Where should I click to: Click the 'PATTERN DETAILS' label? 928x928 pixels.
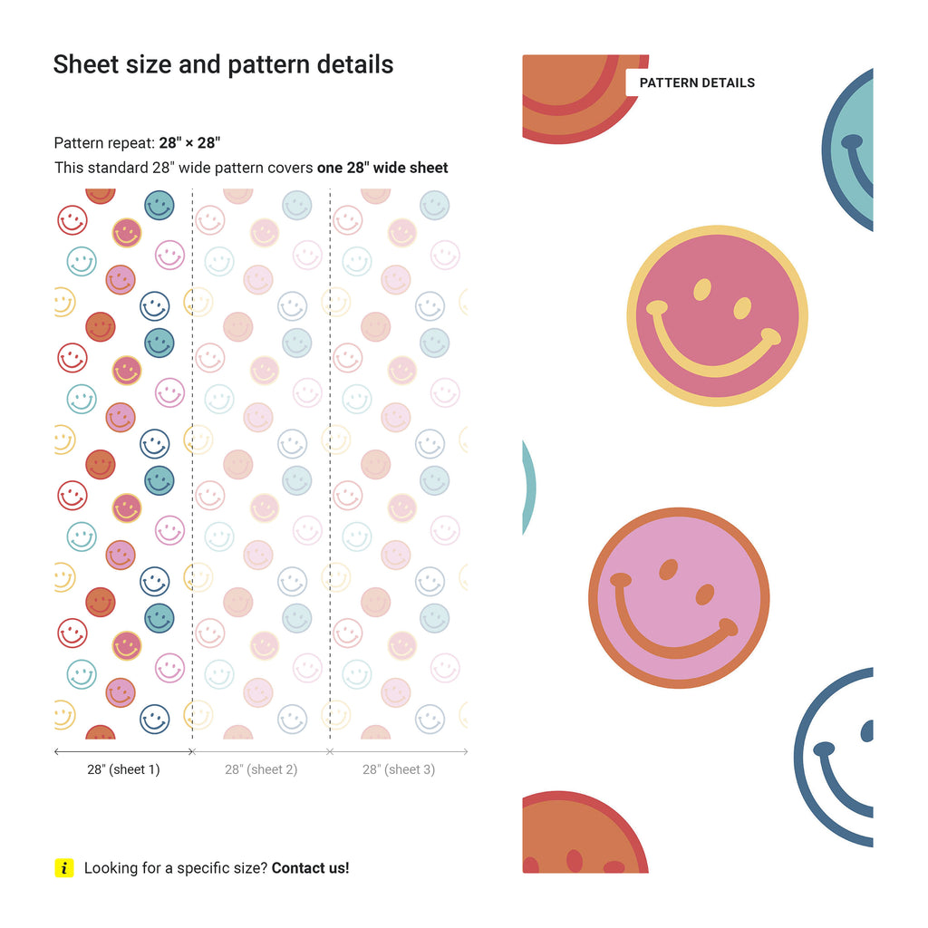click(697, 82)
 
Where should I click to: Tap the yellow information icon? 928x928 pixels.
click(63, 868)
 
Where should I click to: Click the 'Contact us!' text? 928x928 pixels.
click(310, 868)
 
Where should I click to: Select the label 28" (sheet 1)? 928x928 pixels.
click(123, 769)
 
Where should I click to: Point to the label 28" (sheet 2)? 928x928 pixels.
click(261, 769)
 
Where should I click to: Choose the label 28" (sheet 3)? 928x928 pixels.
click(399, 769)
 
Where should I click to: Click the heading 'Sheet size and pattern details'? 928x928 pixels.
click(223, 64)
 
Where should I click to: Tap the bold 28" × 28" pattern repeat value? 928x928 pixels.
click(189, 143)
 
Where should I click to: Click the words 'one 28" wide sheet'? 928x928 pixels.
click(382, 168)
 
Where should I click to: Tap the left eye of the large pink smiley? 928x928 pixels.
click(701, 289)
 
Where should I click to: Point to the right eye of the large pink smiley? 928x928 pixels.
click(742, 309)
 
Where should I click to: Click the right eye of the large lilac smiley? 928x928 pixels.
click(704, 594)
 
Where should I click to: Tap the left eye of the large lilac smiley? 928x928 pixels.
click(668, 569)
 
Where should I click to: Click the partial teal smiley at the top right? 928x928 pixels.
click(852, 150)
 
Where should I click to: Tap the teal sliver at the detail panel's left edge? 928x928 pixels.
click(527, 489)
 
